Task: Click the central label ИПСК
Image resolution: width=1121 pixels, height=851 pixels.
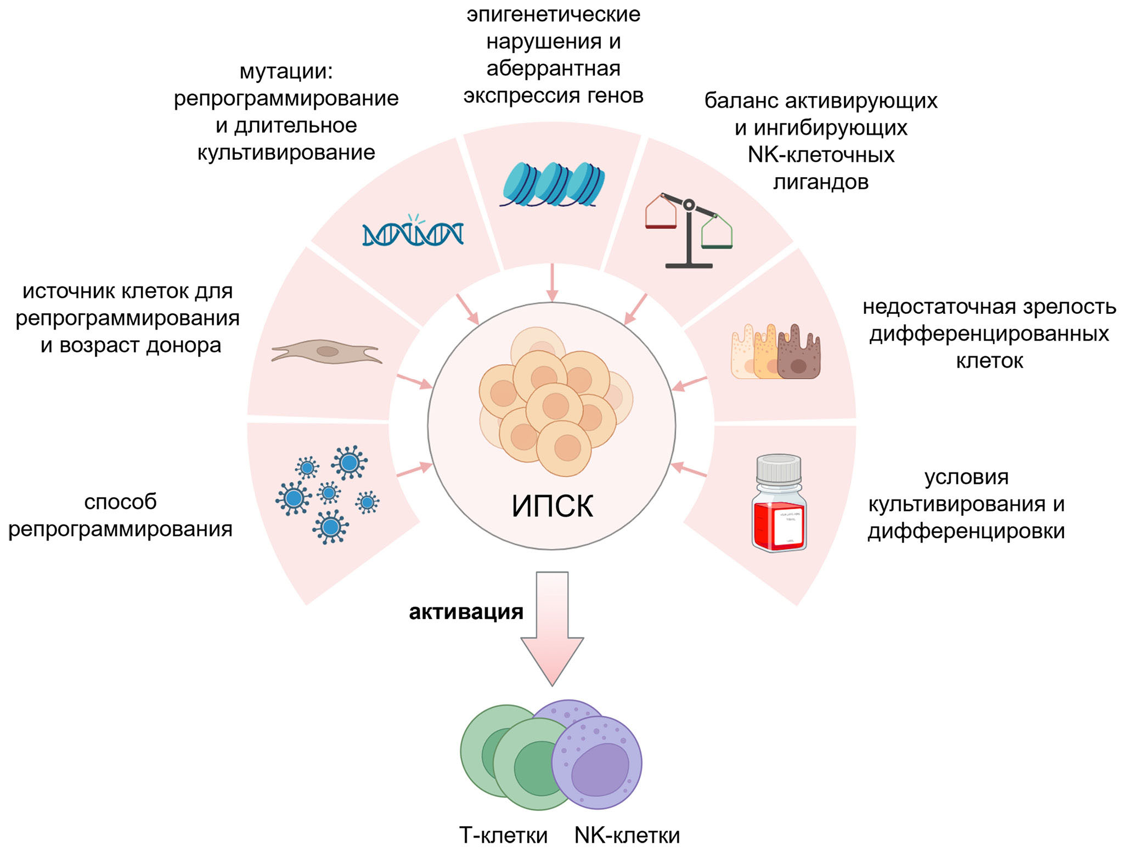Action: [552, 506]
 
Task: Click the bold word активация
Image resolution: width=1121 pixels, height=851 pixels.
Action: [466, 612]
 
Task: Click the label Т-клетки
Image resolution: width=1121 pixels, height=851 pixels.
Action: [503, 835]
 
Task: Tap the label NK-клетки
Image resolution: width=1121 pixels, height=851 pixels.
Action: [627, 835]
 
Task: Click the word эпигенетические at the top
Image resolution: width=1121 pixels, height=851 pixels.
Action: [553, 14]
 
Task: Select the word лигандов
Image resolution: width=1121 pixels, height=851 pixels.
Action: [821, 182]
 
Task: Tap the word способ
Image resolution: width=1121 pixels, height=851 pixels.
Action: [120, 501]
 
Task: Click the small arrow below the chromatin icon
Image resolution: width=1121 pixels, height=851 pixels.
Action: [552, 283]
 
